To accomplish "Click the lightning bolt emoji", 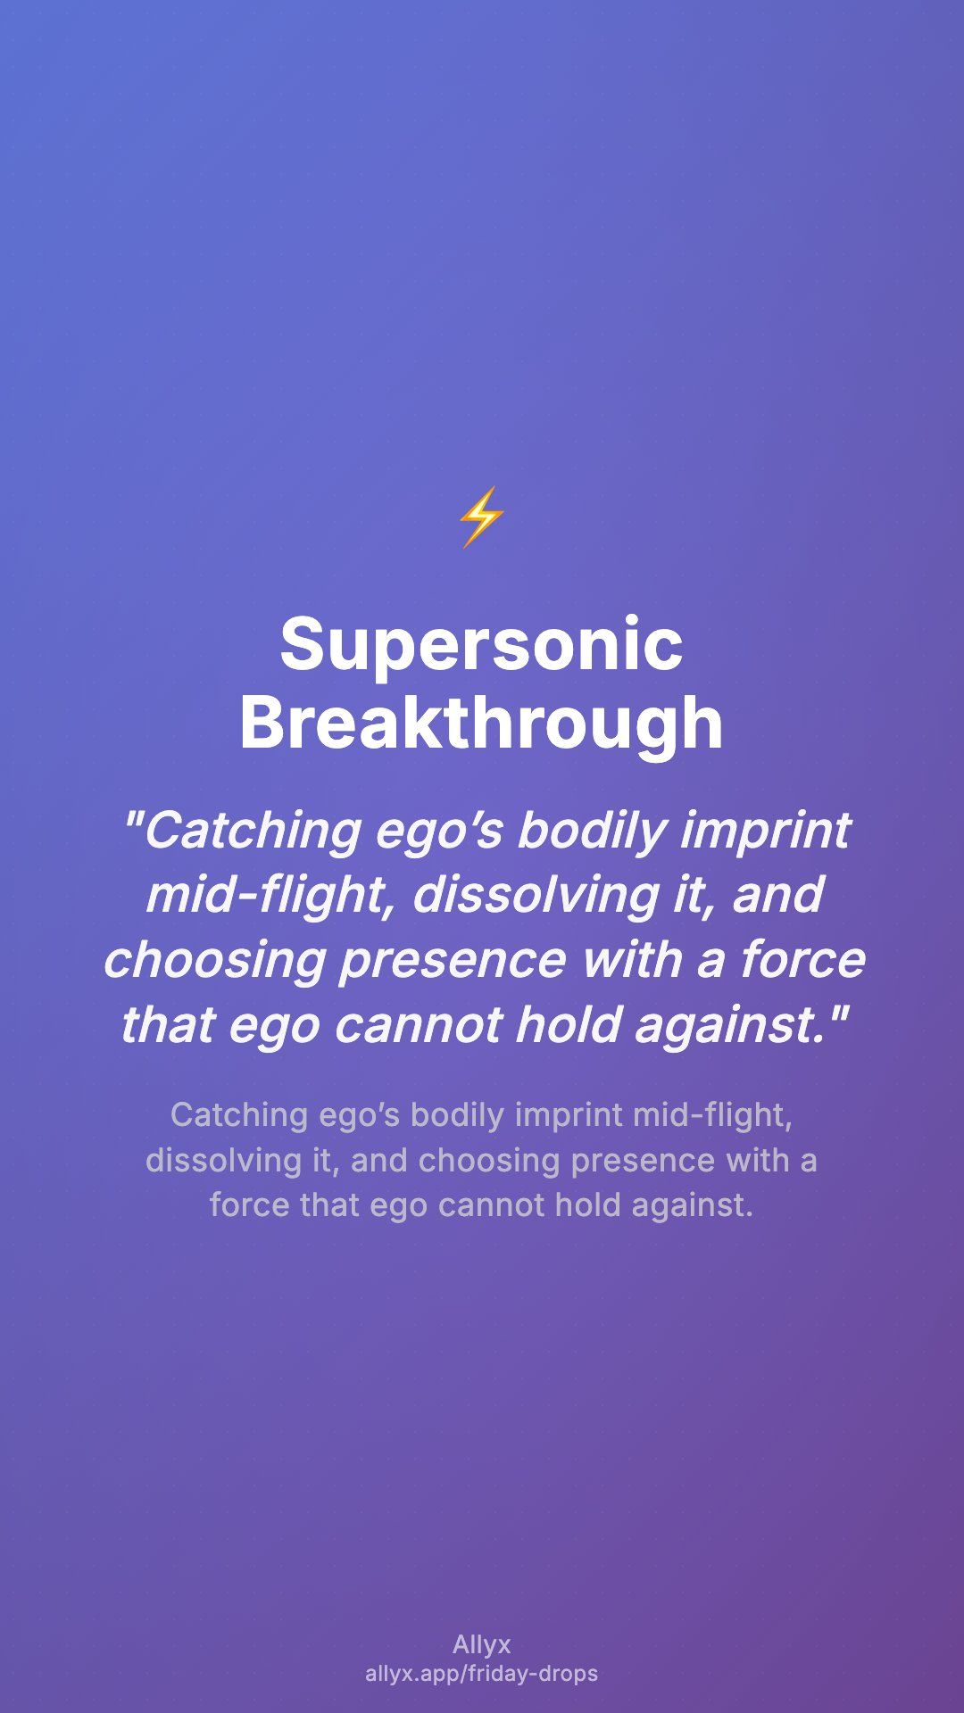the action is click(x=481, y=517).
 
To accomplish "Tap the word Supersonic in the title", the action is click(x=481, y=645).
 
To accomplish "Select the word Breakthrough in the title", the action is click(x=481, y=724).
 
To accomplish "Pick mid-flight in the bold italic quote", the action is click(x=270, y=895).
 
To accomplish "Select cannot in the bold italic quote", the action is click(x=418, y=1025).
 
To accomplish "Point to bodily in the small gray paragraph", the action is click(x=457, y=1115).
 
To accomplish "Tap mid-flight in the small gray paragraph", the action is click(x=712, y=1115).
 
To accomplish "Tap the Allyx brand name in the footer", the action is click(x=482, y=1645).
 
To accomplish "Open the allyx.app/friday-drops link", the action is click(x=482, y=1674).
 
